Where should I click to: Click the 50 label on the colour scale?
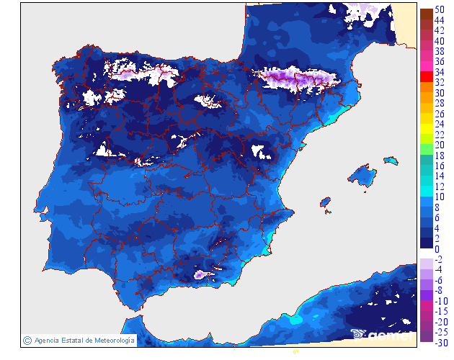pyautogui.click(x=440, y=10)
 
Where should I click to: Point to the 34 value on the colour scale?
pyautogui.click(x=440, y=73)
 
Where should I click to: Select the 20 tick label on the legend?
pyautogui.click(x=440, y=145)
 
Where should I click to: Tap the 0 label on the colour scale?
pyautogui.click(x=437, y=249)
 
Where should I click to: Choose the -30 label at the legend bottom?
pyautogui.click(x=441, y=342)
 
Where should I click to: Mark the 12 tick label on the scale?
pyautogui.click(x=440, y=186)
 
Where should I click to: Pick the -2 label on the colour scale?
pyautogui.click(x=440, y=259)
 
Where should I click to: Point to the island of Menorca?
pyautogui.click(x=391, y=160)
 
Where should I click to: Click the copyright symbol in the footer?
pyautogui.click(x=27, y=341)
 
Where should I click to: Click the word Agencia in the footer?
pyautogui.click(x=47, y=341)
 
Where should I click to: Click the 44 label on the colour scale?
pyautogui.click(x=440, y=21)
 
